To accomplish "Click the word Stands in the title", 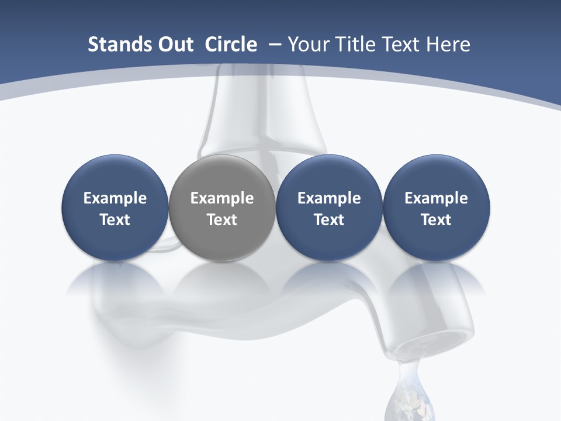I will [x=119, y=44].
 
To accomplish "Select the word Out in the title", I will [x=174, y=44].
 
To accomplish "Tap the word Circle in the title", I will [x=231, y=44].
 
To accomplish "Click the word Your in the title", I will [x=308, y=44].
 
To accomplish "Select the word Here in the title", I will [x=446, y=44].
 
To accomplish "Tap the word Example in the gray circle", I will [x=222, y=198].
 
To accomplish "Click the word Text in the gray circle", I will [x=222, y=220].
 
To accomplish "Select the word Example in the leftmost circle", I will [x=115, y=198].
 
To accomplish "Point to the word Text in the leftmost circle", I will [x=115, y=220].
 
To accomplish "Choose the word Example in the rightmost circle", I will [x=436, y=198].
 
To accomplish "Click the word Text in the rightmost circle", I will [x=436, y=220].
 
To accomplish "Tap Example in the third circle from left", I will [x=329, y=198].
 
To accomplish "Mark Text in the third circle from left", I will [x=329, y=220].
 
